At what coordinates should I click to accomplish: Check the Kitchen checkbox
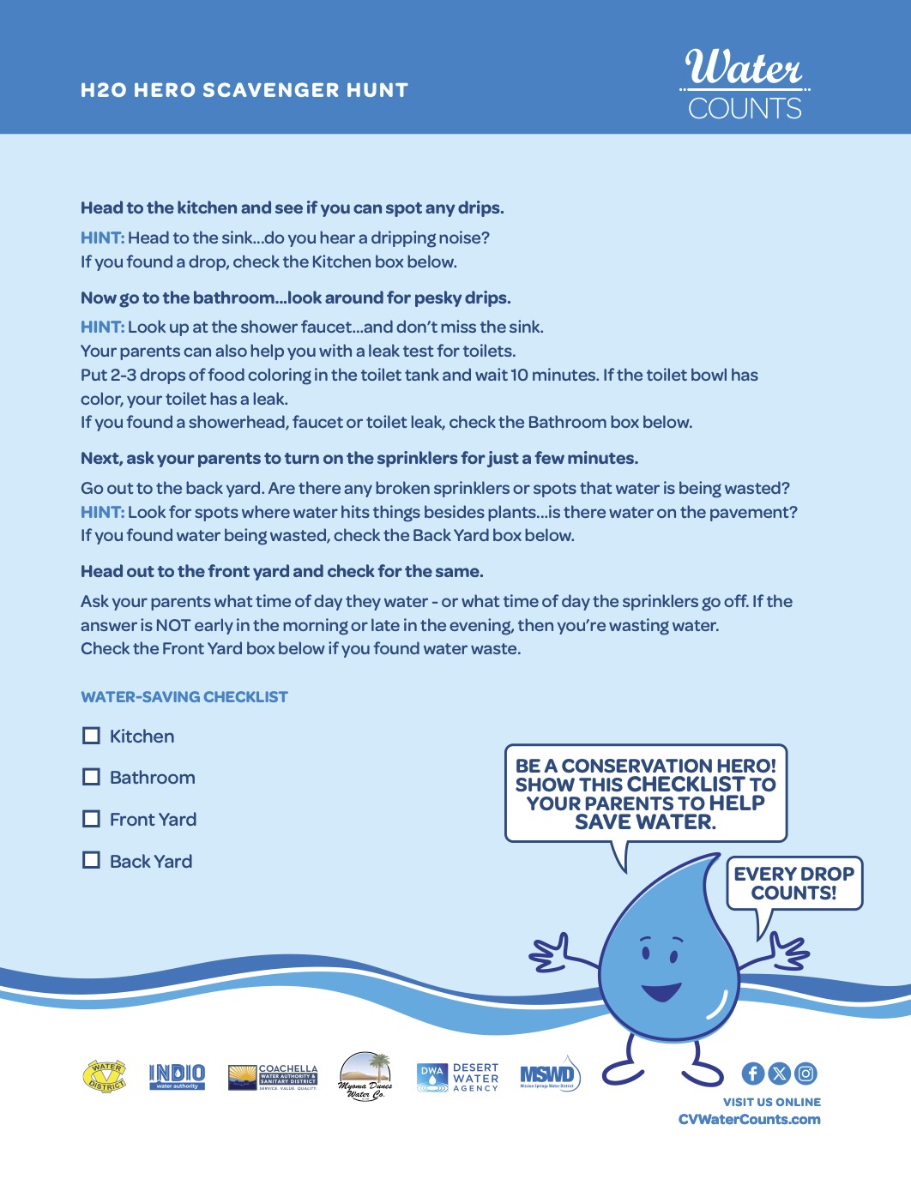coord(91,736)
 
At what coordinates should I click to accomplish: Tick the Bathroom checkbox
coord(91,777)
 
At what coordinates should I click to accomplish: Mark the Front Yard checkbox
coord(91,819)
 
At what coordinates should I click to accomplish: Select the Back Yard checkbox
coord(91,860)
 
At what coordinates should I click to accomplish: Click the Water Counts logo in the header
coord(745,84)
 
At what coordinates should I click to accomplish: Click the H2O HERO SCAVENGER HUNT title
coord(244,90)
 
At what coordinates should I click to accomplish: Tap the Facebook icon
coord(752,1074)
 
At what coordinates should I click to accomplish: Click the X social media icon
coord(779,1074)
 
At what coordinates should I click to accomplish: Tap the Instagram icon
coord(805,1074)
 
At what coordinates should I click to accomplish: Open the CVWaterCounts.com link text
coord(749,1119)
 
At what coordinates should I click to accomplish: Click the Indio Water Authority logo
coord(177,1076)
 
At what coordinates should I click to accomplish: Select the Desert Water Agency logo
coord(457,1078)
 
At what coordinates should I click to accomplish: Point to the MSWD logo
coord(550,1075)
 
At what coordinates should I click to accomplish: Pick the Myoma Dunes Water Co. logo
coord(365,1076)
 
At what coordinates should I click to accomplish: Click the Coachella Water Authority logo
coord(273,1077)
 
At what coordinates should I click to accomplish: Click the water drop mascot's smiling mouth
coord(661,993)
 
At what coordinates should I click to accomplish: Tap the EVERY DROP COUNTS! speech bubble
coord(793,883)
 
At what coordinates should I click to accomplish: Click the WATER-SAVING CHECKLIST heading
coord(184,697)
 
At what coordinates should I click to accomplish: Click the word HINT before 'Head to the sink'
coord(102,238)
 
